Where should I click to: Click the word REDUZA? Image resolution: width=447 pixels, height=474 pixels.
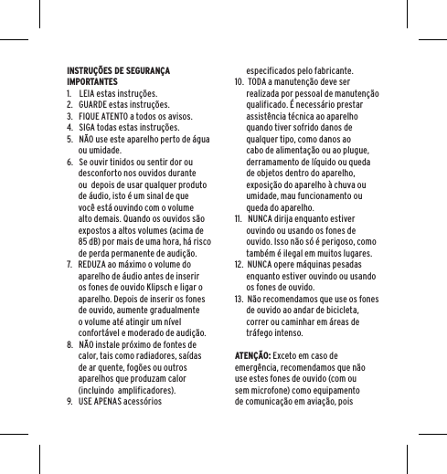[x=95, y=265]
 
